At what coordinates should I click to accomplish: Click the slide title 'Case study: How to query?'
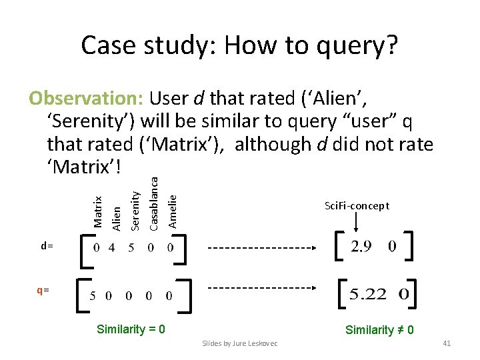pyautogui.click(x=239, y=45)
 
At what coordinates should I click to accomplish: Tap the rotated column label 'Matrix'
pyautogui.click(x=98, y=211)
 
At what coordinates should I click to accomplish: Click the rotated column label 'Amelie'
pyautogui.click(x=173, y=211)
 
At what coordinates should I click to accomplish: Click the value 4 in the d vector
pyautogui.click(x=111, y=247)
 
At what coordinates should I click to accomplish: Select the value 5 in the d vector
pyautogui.click(x=131, y=247)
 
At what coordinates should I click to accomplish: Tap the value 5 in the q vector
pyautogui.click(x=93, y=294)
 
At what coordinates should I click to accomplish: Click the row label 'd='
pyautogui.click(x=47, y=246)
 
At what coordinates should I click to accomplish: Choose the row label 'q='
pyautogui.click(x=43, y=291)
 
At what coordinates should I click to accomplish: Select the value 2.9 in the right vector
pyautogui.click(x=361, y=247)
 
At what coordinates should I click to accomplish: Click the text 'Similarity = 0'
pyautogui.click(x=131, y=329)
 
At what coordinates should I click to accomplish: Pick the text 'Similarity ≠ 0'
pyautogui.click(x=379, y=329)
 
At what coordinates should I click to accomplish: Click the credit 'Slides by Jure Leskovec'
pyautogui.click(x=240, y=343)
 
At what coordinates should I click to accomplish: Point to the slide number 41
pyautogui.click(x=447, y=343)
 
